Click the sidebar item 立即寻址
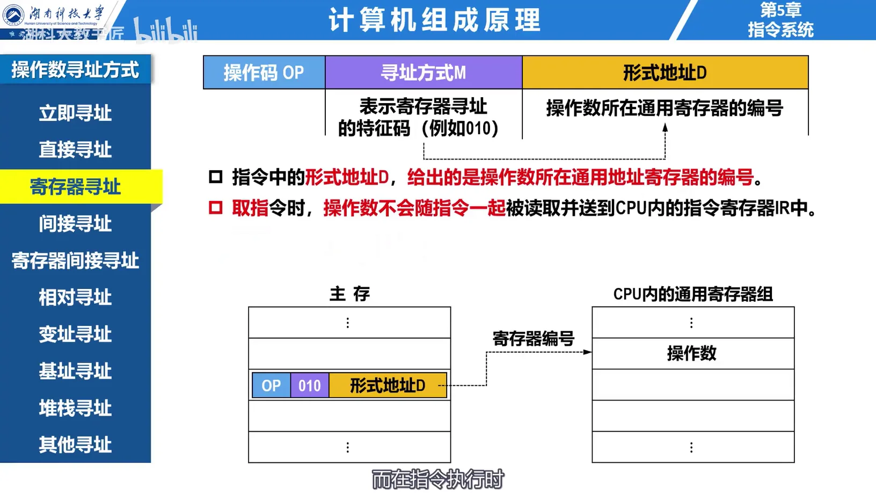pos(75,113)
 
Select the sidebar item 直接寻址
pos(75,150)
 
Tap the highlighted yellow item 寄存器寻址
pos(75,187)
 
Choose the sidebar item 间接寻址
pos(75,223)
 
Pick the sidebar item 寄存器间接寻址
pos(75,260)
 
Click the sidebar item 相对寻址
pos(75,297)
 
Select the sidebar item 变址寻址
pos(75,334)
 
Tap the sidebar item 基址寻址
pos(75,371)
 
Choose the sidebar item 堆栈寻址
pos(75,408)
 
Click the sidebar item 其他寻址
pos(75,445)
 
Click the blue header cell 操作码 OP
pos(264,73)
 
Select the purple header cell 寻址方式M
pos(424,73)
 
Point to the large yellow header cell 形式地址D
pos(665,73)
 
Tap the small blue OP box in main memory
pos(271,386)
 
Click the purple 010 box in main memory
pos(310,386)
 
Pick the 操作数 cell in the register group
pos(692,353)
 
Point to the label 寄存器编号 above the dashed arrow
pos(533,339)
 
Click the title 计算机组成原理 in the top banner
pos(434,20)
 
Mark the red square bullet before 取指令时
pos(216,208)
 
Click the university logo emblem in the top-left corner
pos(13,15)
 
